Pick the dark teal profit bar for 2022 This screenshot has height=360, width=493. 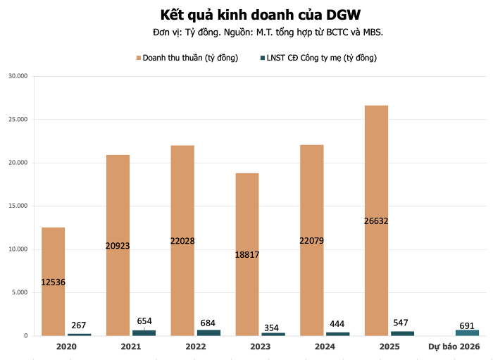coord(208,333)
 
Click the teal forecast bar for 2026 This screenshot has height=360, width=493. coord(467,333)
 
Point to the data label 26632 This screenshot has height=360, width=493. coord(376,221)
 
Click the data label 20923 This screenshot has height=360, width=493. coord(118,246)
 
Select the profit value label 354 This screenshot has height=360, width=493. coord(273,328)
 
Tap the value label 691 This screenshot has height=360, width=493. coord(467,325)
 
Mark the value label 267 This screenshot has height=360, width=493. coord(79,325)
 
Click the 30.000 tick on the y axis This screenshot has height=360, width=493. coord(17,76)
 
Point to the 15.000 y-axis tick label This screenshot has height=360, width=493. coord(17,206)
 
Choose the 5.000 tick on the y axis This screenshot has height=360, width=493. coord(18,292)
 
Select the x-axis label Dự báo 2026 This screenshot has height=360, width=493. coord(454,347)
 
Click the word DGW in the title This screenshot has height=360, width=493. coord(327,14)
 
